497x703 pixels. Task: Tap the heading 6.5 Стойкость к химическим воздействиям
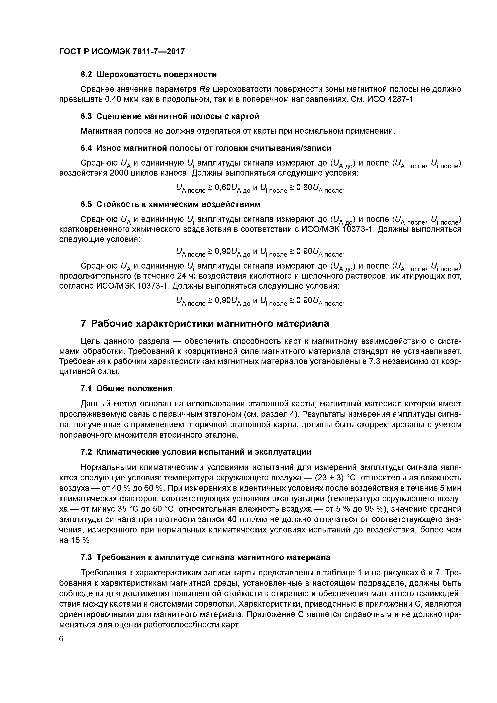coord(170,204)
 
